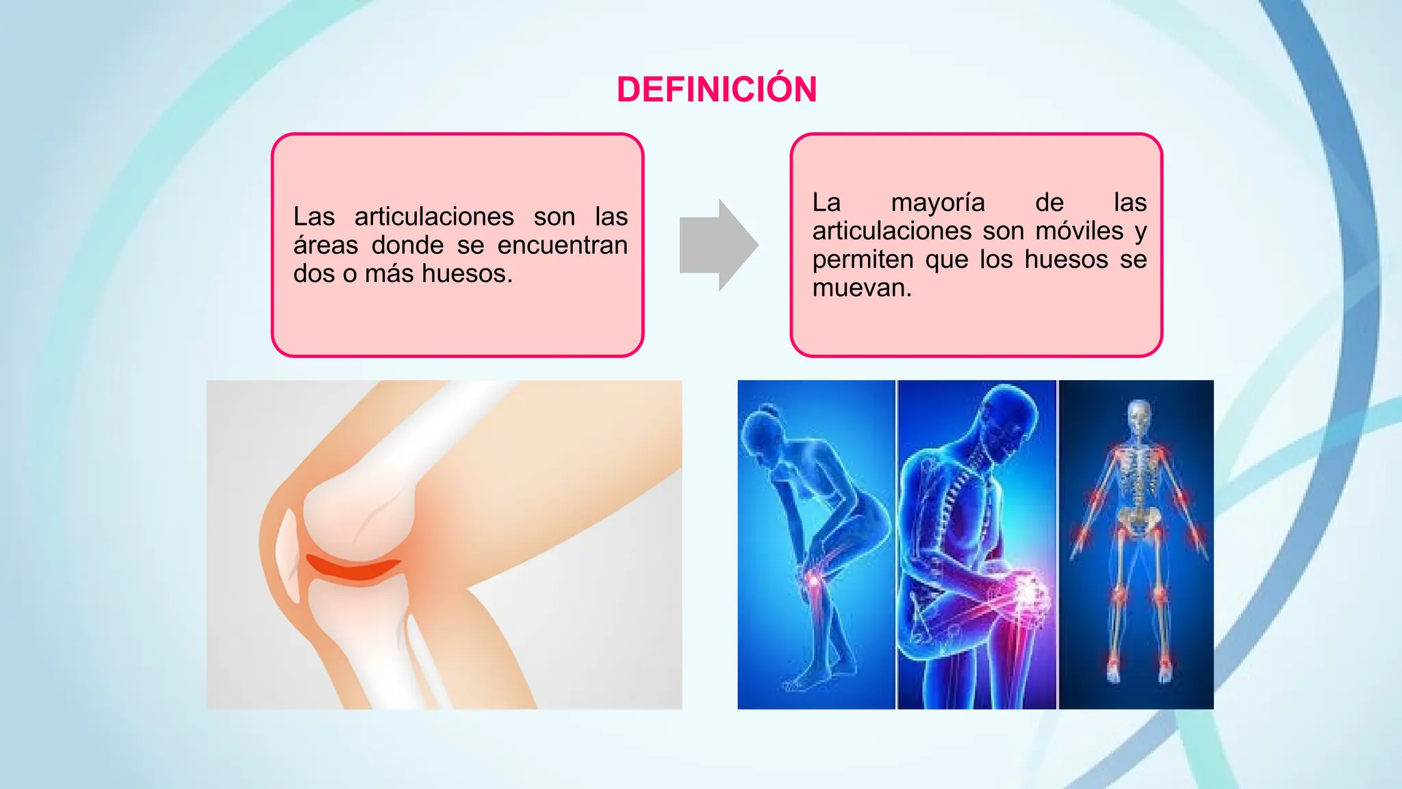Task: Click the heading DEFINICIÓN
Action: pos(717,90)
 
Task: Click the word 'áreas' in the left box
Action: pos(326,245)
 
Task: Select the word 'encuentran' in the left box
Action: pos(562,245)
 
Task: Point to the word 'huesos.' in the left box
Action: pos(467,274)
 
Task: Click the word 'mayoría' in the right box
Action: pos(937,203)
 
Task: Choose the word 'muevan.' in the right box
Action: pos(862,288)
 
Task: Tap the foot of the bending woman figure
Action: pos(801,681)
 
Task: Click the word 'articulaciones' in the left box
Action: pos(434,217)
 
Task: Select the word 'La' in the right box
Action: pos(826,203)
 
